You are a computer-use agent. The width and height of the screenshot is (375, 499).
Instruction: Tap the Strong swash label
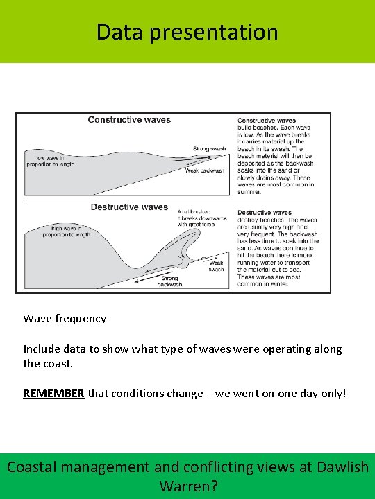210,149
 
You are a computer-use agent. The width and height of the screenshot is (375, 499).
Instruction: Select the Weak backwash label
205,170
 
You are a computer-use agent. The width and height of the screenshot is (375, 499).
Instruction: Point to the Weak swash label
217,266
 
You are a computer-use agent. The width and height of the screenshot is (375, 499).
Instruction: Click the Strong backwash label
170,281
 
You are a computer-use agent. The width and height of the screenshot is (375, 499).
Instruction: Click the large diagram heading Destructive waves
129,207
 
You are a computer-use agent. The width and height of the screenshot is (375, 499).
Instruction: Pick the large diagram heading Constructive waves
129,120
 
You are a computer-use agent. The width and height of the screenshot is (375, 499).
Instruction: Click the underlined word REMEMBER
53,393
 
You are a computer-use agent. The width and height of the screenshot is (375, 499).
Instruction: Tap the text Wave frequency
65,319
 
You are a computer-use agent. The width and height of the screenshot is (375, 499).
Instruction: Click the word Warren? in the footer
188,486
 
